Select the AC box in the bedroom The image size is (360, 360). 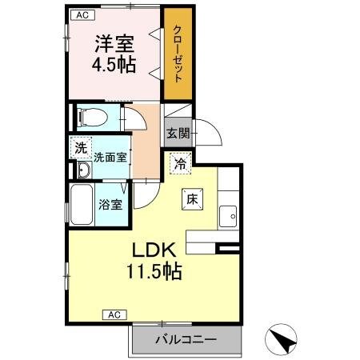(83, 14)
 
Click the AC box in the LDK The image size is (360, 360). (114, 315)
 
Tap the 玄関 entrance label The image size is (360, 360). (178, 133)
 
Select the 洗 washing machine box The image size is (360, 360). (80, 147)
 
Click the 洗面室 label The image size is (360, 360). (110, 158)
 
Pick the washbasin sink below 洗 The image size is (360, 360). (83, 171)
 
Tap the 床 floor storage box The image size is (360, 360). (193, 199)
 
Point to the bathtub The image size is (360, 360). (82, 204)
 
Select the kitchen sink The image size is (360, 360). (229, 216)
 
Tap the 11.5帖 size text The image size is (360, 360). (151, 271)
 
